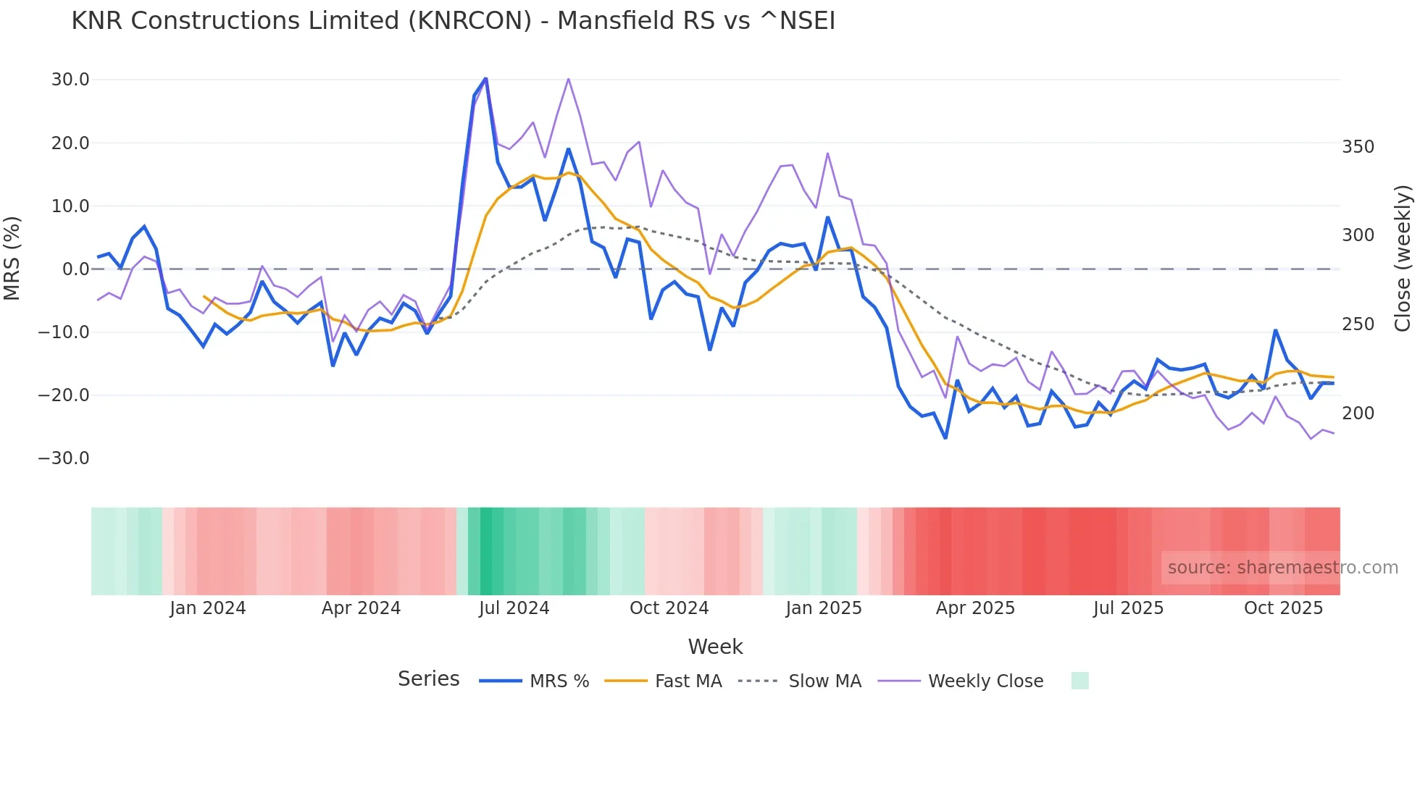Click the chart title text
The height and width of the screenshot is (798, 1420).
(453, 21)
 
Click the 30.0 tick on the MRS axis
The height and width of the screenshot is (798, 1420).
(70, 80)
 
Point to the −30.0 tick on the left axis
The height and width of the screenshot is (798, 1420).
(64, 458)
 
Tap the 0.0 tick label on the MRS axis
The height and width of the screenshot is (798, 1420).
(75, 269)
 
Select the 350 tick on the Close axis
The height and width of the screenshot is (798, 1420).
(1358, 147)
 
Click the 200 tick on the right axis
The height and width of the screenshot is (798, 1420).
(1358, 413)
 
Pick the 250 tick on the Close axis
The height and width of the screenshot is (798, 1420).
(1358, 324)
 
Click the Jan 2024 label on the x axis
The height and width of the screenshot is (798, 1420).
(208, 608)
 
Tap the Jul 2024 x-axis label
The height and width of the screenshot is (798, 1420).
(514, 608)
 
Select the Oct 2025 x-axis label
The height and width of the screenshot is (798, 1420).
(1283, 608)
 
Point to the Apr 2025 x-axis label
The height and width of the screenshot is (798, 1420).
(975, 608)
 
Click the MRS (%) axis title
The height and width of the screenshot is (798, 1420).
(12, 259)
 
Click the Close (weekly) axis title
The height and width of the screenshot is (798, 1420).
(1403, 259)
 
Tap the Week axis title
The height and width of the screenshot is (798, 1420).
(715, 647)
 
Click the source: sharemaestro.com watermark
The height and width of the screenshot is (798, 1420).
(1282, 568)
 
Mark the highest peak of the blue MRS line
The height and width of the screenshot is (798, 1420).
(485, 78)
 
